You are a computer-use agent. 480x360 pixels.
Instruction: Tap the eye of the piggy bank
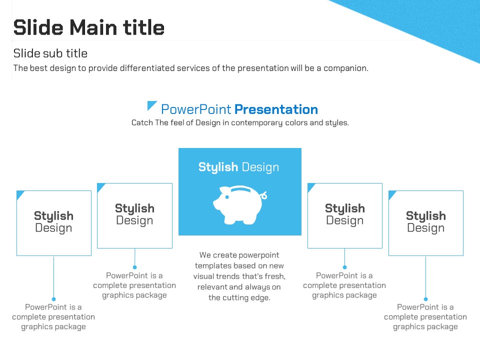click(x=227, y=197)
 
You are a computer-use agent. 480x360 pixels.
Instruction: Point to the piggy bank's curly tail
click(x=263, y=195)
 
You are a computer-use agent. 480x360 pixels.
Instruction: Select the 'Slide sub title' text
click(x=50, y=53)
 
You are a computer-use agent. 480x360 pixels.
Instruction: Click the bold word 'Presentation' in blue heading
click(x=276, y=109)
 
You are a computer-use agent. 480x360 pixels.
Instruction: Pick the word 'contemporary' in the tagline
click(x=257, y=123)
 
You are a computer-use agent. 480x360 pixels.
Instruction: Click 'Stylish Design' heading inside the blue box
click(x=239, y=167)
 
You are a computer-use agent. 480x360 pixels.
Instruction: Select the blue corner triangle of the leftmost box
click(x=19, y=194)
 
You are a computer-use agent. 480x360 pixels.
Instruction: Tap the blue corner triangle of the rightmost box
click(x=391, y=194)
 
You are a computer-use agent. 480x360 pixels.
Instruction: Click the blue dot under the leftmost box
click(x=54, y=299)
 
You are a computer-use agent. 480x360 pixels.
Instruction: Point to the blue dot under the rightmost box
click(x=425, y=299)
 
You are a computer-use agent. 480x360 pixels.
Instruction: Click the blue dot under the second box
click(x=134, y=267)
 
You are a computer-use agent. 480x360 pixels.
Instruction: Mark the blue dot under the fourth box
click(x=344, y=267)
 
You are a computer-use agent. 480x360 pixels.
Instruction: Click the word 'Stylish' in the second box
click(x=134, y=208)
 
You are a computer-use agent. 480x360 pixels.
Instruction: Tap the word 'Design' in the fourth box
click(x=344, y=220)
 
